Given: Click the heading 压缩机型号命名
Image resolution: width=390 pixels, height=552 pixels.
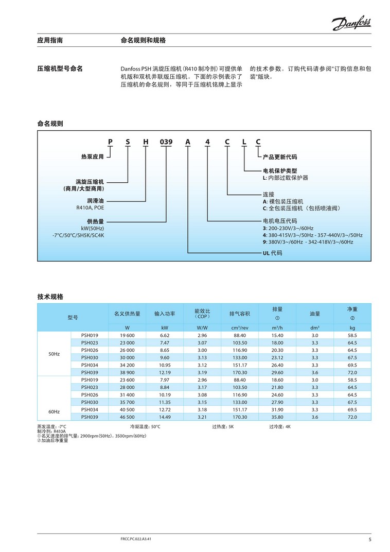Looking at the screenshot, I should click(x=60, y=68).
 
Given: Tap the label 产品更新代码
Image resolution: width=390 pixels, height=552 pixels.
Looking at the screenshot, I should click(x=280, y=157).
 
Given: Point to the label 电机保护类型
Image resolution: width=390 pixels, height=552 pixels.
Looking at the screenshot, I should click(x=280, y=170).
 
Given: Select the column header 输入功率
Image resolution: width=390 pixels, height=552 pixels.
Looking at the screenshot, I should click(x=165, y=314).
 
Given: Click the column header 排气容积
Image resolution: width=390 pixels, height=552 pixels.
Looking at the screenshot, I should click(x=240, y=314).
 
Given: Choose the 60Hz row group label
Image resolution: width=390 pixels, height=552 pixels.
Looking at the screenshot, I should click(x=54, y=412).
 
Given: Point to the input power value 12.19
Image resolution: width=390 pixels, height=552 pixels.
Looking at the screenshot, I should click(x=165, y=372).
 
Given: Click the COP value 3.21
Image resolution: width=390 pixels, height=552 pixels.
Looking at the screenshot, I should click(x=202, y=417).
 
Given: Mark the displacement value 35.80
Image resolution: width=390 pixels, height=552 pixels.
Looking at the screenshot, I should click(x=277, y=417).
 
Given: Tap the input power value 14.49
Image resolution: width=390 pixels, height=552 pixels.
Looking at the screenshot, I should click(x=165, y=417).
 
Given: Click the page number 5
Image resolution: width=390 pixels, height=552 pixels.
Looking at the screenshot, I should click(x=369, y=540).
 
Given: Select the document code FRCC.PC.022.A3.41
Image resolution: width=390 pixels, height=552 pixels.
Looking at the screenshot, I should click(x=135, y=538).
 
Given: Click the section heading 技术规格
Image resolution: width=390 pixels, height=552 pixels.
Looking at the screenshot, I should click(x=50, y=297).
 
